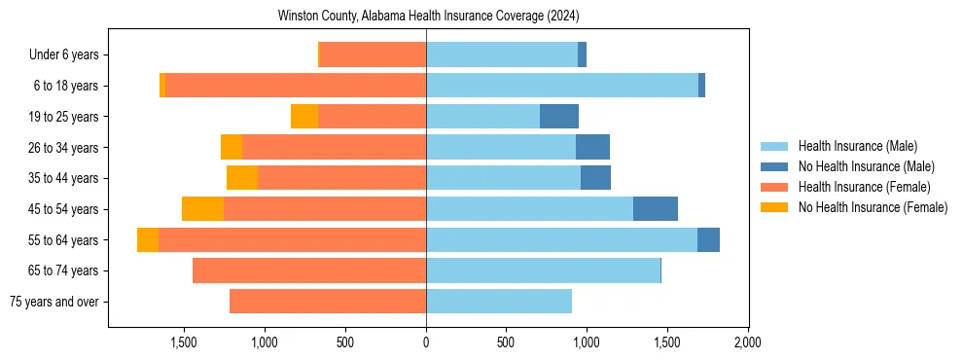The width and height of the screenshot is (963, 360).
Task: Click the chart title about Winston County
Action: pos(428,17)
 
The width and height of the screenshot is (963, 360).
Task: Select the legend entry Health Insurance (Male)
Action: pos(857,146)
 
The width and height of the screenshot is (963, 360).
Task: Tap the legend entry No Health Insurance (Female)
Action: pos(873,207)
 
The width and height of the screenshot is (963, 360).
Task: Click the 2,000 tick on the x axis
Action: pos(747,342)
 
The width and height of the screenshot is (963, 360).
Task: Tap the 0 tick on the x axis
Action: pos(426,342)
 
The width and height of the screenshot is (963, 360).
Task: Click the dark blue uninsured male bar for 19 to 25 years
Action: pos(559,117)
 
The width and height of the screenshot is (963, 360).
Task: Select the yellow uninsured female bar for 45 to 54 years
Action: pos(202,209)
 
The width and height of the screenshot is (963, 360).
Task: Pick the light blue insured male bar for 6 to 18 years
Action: pos(562,86)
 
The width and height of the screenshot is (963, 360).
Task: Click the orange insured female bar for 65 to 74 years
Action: pos(309,270)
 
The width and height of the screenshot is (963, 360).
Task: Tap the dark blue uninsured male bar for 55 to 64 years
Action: pos(708,239)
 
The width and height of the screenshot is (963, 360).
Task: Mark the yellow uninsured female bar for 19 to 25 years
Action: pos(304,117)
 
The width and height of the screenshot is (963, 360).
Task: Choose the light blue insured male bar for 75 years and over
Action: pos(499,302)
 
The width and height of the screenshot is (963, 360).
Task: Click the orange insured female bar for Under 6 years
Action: pos(373,55)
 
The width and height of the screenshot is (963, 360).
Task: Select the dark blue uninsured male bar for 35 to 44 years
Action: pos(595,178)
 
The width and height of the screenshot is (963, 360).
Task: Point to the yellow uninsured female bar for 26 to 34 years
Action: pos(232,147)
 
